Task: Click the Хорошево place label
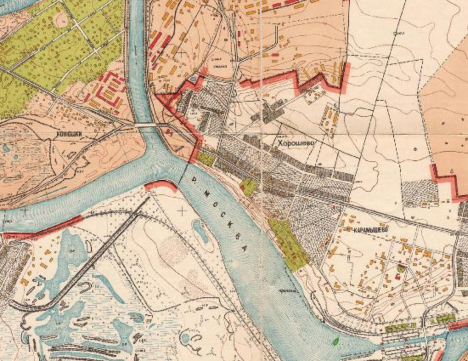(296, 143)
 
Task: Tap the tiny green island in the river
(336, 341)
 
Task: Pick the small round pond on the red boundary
(194, 79)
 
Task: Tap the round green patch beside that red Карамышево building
(401, 268)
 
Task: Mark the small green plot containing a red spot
(248, 186)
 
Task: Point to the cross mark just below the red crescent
(183, 210)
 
